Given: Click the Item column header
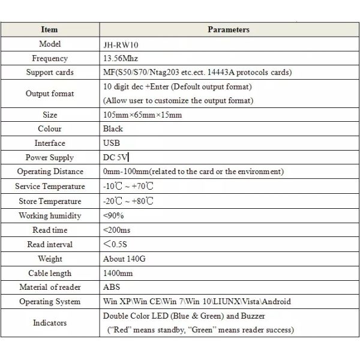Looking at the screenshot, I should coord(50,29).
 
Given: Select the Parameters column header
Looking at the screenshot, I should coord(228,29).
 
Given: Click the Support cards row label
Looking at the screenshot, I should coord(50,73).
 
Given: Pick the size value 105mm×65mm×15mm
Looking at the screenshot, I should coord(142,115).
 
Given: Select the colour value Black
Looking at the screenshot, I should coord(113,128).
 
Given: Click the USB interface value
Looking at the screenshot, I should coord(112,143).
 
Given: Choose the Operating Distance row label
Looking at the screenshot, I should coord(50,172).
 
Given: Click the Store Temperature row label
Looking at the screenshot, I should coord(50,201).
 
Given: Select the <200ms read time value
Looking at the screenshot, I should coord(117,230).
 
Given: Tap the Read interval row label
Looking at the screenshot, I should coord(50,244).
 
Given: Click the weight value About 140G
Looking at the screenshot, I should coord(125,259).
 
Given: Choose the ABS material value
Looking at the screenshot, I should coord(112,287).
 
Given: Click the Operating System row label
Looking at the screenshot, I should coord(50,302).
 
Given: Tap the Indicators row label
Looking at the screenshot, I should coord(50,323).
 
